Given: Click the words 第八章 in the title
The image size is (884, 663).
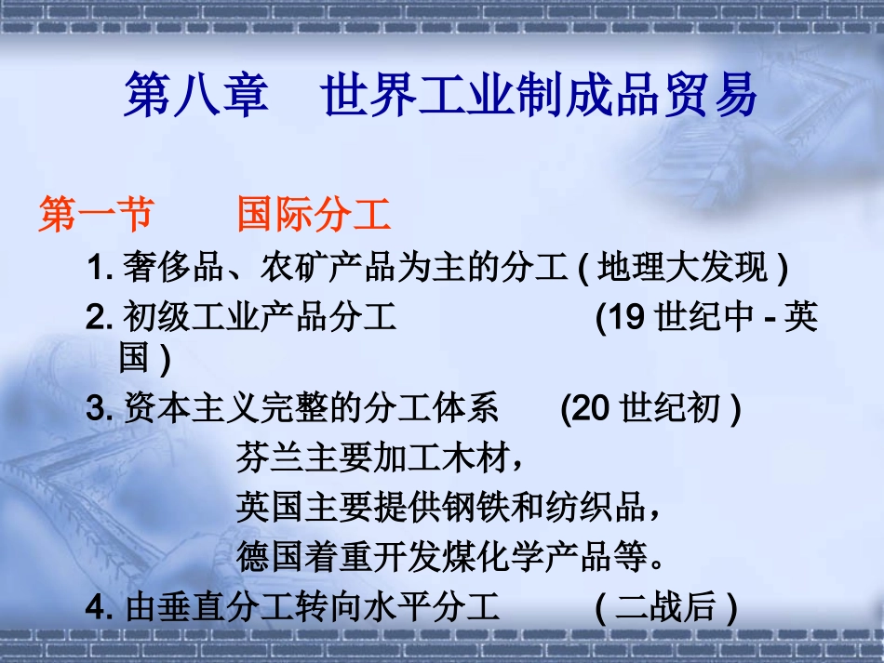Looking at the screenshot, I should [195, 97].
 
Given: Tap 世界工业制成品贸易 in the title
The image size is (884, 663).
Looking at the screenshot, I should [540, 97].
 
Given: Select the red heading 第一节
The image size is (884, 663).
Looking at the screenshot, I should [96, 217].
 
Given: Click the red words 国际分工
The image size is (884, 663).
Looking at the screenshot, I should [314, 217].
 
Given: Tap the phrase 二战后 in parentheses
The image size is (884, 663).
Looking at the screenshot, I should [666, 608].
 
